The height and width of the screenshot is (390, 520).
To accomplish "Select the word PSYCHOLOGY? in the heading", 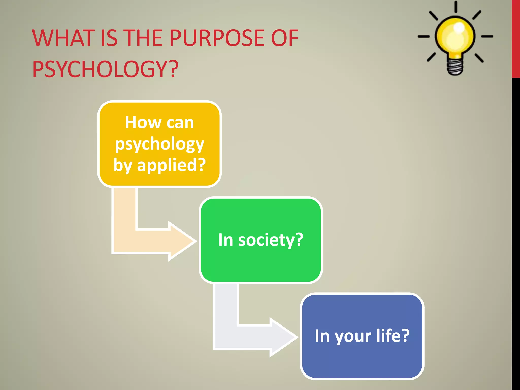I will [x=105, y=69].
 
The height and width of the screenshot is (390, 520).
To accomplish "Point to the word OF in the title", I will [x=285, y=38].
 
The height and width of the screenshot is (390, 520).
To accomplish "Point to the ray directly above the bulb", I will [x=456, y=7].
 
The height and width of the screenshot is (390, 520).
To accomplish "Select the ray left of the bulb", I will [x=424, y=37].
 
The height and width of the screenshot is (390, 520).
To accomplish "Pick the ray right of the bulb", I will [x=487, y=37].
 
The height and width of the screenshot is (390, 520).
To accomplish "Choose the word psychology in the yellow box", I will [x=159, y=144].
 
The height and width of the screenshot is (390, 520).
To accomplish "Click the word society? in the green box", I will [x=271, y=240].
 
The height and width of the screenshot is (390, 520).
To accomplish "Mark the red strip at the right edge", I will [x=516, y=38].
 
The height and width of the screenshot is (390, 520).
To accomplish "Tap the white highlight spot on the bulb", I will [x=459, y=27].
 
